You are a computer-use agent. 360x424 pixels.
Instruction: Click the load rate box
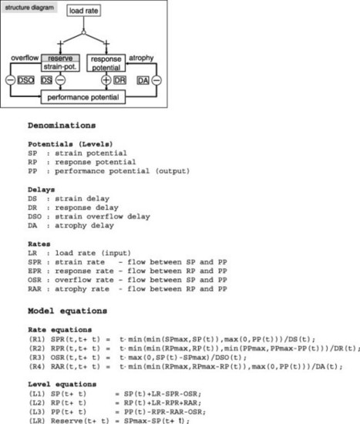point(83,11)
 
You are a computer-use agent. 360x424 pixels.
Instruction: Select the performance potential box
point(83,97)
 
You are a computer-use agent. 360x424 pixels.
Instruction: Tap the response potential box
point(106,63)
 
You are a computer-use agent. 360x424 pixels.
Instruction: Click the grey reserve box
point(60,58)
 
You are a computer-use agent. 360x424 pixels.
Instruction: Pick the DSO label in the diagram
point(25,80)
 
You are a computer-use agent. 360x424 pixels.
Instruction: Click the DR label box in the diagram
point(119,80)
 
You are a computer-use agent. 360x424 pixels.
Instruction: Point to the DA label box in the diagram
point(143,81)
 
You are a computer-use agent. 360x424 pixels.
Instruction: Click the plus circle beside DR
point(106,80)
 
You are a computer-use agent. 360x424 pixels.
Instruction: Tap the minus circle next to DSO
point(10,80)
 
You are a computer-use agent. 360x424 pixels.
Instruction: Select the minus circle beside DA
point(156,80)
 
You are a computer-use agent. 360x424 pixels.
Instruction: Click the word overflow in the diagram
point(25,58)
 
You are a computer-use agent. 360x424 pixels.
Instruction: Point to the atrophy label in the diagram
point(141,58)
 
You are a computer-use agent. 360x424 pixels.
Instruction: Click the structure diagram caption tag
point(29,8)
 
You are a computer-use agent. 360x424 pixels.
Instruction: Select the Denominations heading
point(62,126)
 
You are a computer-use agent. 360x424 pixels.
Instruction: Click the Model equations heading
point(67,311)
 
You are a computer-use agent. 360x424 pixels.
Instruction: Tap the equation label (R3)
point(36,358)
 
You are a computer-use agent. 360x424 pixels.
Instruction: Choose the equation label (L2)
point(36,403)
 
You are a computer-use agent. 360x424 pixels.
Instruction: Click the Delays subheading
point(42,190)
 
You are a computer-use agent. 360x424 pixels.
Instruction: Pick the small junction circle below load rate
point(83,32)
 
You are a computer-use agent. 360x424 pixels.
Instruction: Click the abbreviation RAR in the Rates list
point(35,289)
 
